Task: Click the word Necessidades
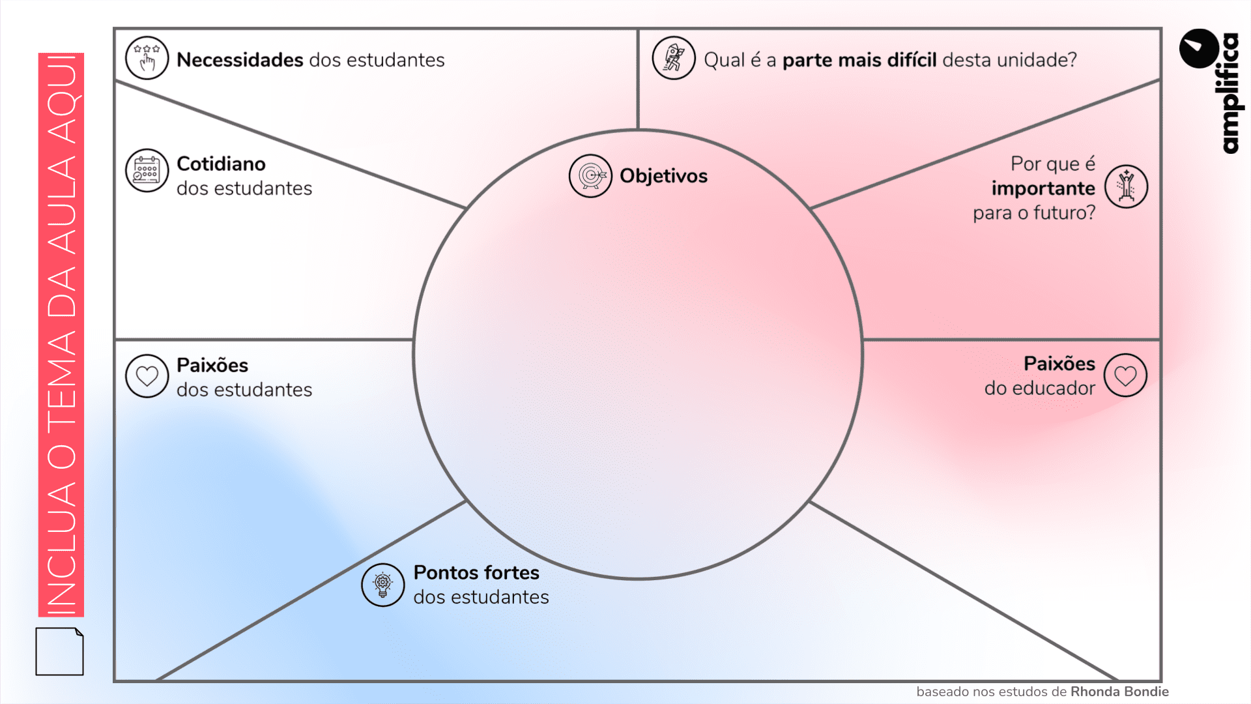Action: pyautogui.click(x=240, y=60)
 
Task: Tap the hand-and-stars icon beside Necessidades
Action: pyautogui.click(x=147, y=58)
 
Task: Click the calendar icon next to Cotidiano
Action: pyautogui.click(x=147, y=170)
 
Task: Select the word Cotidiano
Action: pyautogui.click(x=221, y=164)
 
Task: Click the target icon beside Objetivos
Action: pyautogui.click(x=590, y=176)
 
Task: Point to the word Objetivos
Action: pyautogui.click(x=663, y=176)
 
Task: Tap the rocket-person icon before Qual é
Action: pyautogui.click(x=674, y=58)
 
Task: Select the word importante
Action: pyautogui.click(x=1043, y=188)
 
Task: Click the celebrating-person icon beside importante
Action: pyautogui.click(x=1126, y=186)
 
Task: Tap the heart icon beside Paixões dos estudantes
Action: pyautogui.click(x=147, y=376)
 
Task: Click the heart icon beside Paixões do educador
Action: pyautogui.click(x=1125, y=375)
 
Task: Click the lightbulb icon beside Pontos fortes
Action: pyautogui.click(x=383, y=585)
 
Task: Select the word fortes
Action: pyautogui.click(x=511, y=572)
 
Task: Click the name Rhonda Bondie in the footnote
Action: pyautogui.click(x=1119, y=692)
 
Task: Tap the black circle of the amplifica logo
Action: pyautogui.click(x=1199, y=48)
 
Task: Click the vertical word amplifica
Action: pyautogui.click(x=1229, y=93)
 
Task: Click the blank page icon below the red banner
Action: pyautogui.click(x=59, y=651)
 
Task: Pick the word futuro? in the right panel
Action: pyautogui.click(x=1064, y=213)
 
